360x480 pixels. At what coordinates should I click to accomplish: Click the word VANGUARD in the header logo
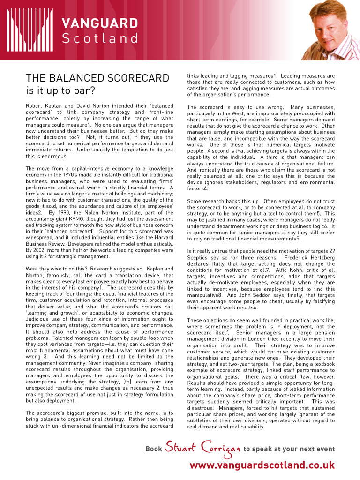coord(100,23)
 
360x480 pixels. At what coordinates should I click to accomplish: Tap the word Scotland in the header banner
coord(100,38)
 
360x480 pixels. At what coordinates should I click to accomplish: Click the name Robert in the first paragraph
coord(36,106)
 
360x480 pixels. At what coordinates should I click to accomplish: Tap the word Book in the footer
coord(154,449)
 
